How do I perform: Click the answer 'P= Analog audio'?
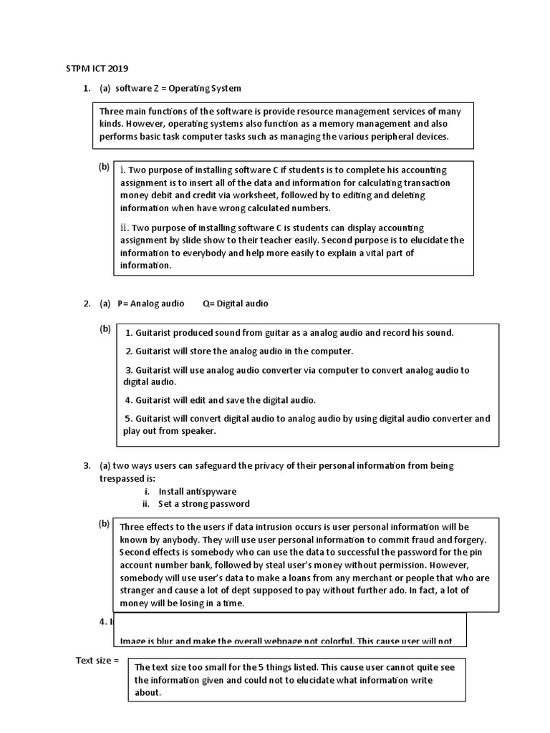(x=150, y=304)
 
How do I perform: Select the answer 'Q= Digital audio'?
(x=235, y=304)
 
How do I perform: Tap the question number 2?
(x=87, y=304)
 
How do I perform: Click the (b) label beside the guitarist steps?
(x=105, y=329)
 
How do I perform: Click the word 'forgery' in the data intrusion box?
(x=468, y=540)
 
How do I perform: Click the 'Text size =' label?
(x=97, y=660)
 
